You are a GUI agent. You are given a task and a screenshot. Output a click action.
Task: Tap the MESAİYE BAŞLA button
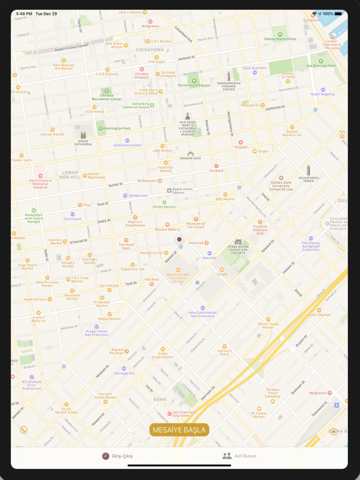coord(179,430)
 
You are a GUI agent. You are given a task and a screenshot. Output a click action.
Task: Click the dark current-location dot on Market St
coord(179,239)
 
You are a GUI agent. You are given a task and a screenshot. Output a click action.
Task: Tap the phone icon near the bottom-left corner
coord(23,430)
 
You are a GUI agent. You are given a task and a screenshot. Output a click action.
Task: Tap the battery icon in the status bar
coord(340,14)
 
